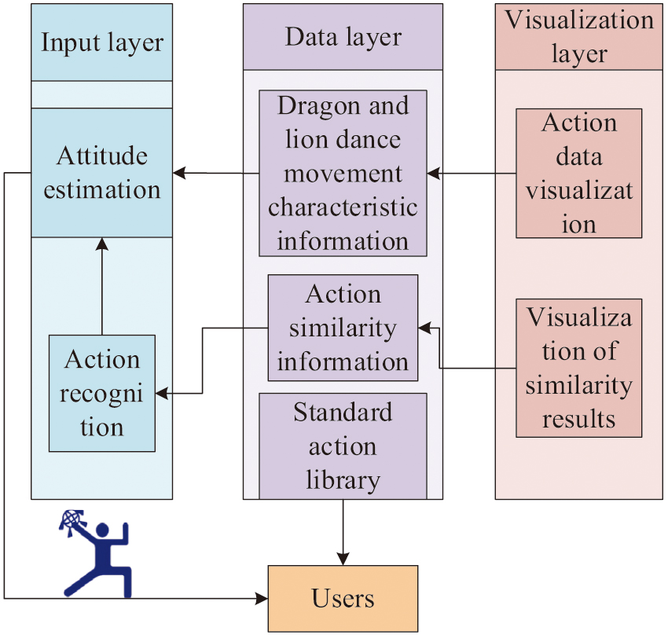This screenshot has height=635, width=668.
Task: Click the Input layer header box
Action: click(101, 42)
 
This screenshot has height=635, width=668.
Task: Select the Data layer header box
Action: click(343, 37)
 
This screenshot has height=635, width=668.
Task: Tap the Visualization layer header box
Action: click(579, 36)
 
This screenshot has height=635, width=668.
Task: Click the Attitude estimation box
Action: click(101, 173)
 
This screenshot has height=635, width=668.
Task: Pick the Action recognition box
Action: click(101, 393)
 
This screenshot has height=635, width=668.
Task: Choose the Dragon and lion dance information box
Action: click(343, 173)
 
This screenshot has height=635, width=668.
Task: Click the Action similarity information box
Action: click(343, 328)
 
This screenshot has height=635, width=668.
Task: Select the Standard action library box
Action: click(343, 446)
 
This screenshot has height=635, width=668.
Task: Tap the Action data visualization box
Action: click(579, 173)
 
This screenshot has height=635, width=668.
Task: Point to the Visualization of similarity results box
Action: click(579, 368)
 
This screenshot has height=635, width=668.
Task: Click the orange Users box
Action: click(343, 599)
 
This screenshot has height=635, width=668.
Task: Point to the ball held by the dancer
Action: click(71, 522)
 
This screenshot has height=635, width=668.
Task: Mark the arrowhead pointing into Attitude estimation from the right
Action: click(179, 173)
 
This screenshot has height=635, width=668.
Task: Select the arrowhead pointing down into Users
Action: click(343, 558)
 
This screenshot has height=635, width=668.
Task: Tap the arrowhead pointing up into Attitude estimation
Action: click(101, 244)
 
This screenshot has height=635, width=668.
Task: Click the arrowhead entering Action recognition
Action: click(162, 393)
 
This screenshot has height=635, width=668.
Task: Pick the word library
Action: click(343, 479)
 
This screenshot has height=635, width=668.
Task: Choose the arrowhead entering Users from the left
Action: click(262, 599)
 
